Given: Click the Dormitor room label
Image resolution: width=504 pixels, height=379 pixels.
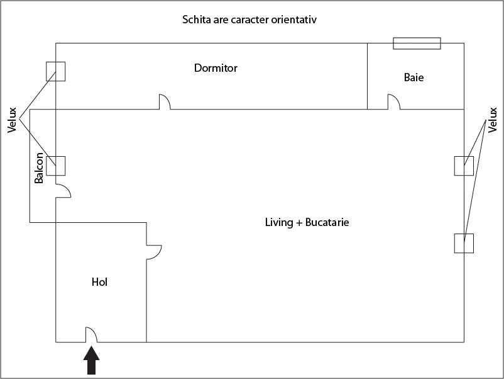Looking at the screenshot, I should (x=216, y=67).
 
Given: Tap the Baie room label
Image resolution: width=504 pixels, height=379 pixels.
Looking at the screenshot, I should (x=414, y=77).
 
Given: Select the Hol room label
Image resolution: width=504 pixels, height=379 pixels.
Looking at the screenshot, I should (x=99, y=282).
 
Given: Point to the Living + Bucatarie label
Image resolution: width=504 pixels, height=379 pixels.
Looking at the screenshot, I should (x=307, y=222).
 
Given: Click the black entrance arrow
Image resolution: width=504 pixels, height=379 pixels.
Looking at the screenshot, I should (x=92, y=363).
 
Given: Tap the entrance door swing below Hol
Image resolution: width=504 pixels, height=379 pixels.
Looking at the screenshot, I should (x=90, y=334).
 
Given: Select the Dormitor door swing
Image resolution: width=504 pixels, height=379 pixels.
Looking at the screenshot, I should (x=165, y=101).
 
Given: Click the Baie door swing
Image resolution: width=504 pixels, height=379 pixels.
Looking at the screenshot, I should (x=394, y=101).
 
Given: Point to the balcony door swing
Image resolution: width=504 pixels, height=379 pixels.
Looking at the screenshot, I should (x=63, y=189).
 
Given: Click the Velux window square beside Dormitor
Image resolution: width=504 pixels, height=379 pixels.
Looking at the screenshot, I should (x=55, y=71).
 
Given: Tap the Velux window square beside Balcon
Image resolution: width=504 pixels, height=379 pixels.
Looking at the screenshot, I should (x=55, y=165).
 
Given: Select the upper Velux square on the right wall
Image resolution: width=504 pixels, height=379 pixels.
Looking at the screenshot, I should (x=464, y=165).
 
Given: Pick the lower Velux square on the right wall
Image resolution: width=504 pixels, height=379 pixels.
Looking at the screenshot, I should (x=464, y=243).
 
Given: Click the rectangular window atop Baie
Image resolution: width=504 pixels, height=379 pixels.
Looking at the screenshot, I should (x=417, y=43).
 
